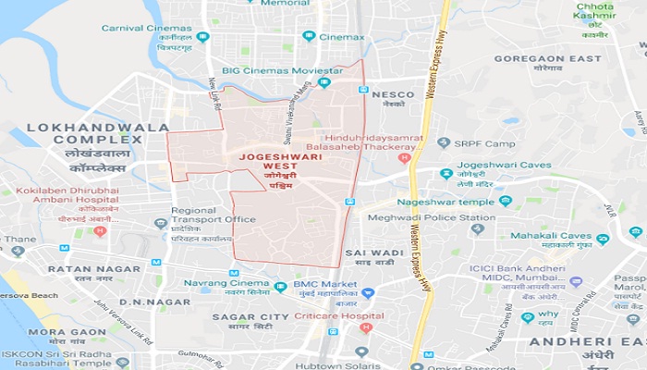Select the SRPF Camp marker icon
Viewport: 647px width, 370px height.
[x=444, y=142]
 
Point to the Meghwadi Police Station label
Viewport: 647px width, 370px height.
[x=439, y=218]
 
